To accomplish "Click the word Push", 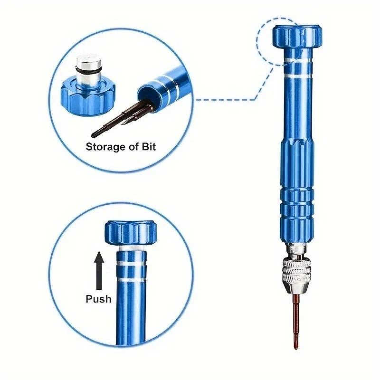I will tap(98, 299).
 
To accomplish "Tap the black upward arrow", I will tap(99, 270).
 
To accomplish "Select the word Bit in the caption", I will tap(147, 146).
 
